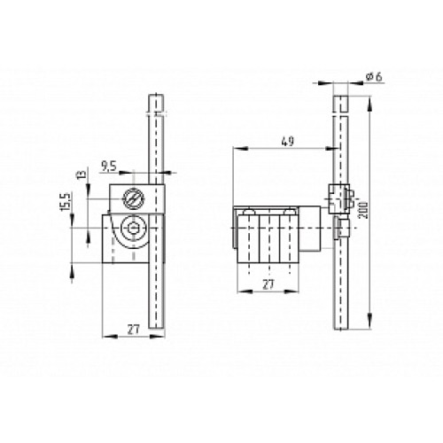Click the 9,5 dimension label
pyautogui.click(x=111, y=165)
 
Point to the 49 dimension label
pyautogui.click(x=285, y=139)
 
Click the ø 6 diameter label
pyautogui.click(x=372, y=79)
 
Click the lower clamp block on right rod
pyautogui.click(x=339, y=231)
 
